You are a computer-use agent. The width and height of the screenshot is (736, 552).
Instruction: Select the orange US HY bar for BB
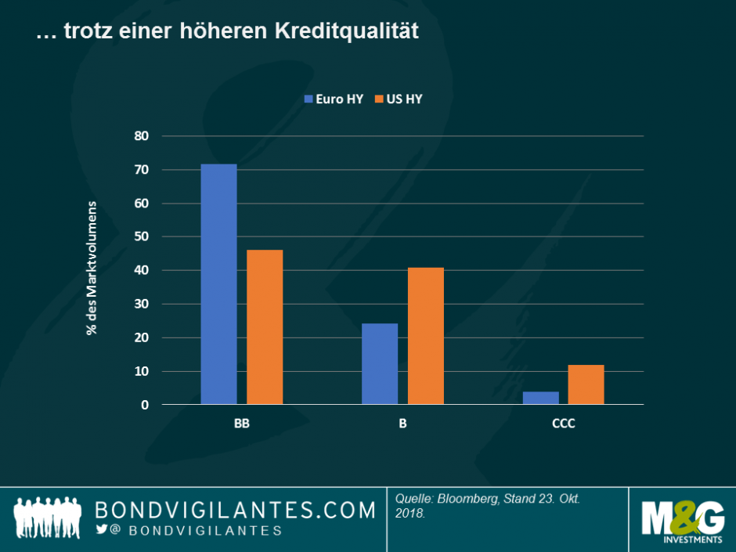(x=265, y=327)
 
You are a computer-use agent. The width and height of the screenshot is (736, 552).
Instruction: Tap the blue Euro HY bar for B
(x=380, y=364)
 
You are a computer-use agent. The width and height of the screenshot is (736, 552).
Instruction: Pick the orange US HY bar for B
(x=426, y=336)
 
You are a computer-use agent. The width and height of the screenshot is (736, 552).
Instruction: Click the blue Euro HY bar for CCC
(x=540, y=398)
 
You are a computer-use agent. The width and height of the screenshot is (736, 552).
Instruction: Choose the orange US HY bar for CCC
(x=586, y=384)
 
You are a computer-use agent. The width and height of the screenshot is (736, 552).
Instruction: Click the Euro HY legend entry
(x=334, y=99)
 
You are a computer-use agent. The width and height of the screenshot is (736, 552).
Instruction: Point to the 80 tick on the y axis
(x=141, y=136)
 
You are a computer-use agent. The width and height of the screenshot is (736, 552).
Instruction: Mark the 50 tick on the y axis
(x=141, y=237)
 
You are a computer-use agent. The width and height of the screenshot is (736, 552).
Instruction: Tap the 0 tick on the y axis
(x=144, y=405)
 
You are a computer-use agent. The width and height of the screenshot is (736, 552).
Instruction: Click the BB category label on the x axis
(x=241, y=424)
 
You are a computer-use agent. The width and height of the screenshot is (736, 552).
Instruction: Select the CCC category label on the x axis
(x=563, y=424)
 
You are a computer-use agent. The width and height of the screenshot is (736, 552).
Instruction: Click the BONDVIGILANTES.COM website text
(x=235, y=511)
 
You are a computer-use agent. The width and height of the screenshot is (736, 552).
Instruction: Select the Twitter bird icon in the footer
(x=102, y=530)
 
